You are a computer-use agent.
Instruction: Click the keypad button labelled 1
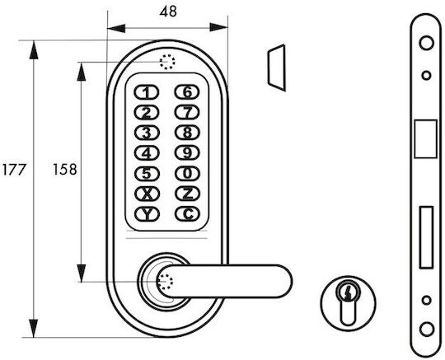pos(147,92)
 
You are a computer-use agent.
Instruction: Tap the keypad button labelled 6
pos(187,92)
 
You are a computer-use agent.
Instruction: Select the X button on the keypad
pos(147,194)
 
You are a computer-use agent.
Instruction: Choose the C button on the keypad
pos(187,214)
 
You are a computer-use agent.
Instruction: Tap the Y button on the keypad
pos(147,214)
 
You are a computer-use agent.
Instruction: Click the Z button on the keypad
pos(187,194)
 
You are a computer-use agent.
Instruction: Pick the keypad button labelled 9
pos(187,153)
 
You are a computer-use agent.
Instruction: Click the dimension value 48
pos(168,12)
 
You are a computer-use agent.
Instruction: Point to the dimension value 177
pos(14,170)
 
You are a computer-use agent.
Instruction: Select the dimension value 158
pos(65,170)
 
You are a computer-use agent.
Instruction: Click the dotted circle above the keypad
pos(167,62)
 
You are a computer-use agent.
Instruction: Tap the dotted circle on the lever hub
pos(165,282)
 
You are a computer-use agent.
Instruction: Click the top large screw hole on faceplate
pos(426,43)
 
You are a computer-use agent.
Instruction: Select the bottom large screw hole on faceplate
pos(427,330)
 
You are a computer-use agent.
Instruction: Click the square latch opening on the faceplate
pos(426,139)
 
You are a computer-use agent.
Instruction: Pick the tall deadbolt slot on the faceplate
pos(426,237)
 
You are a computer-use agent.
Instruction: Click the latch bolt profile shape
pos(276,68)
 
